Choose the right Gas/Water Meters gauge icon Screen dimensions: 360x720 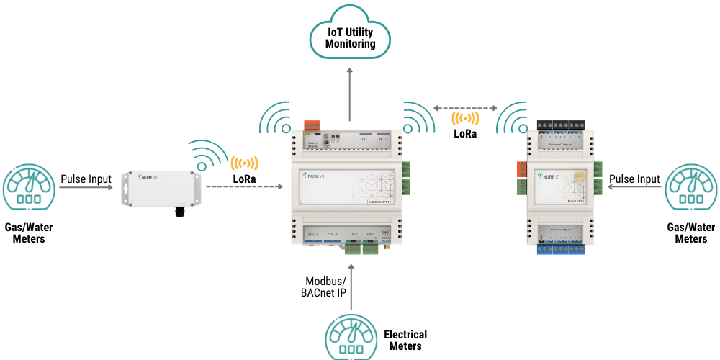[691, 189]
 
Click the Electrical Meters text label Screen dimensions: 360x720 [405, 340]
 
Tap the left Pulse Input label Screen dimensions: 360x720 [86, 179]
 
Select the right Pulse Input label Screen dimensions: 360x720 [634, 179]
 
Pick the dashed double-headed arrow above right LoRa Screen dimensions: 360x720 [464, 108]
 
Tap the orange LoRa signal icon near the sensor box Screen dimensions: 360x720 [244, 163]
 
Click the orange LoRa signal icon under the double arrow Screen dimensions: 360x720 [464, 119]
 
